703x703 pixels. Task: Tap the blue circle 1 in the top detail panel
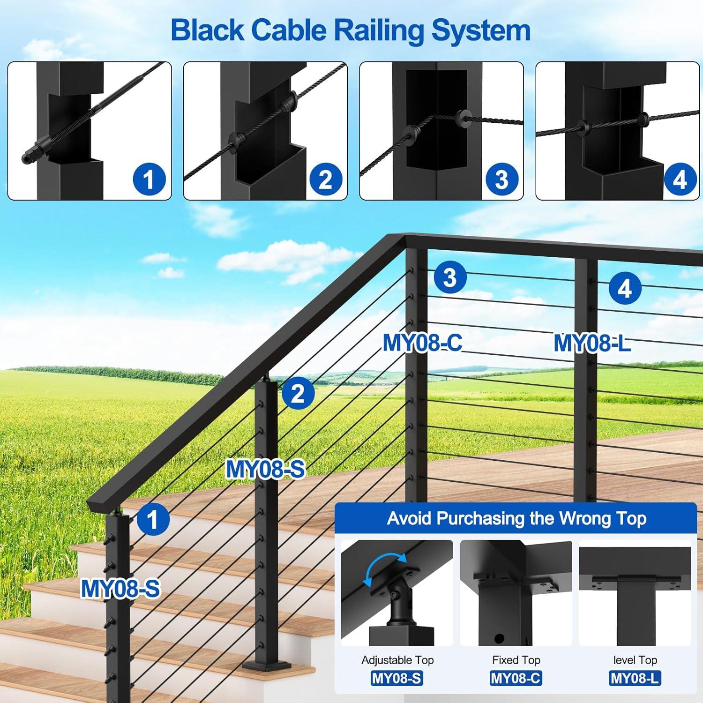tap(149, 179)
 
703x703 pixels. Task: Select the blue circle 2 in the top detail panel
tap(325, 179)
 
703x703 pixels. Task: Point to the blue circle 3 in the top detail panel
tap(501, 179)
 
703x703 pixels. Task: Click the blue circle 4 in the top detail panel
tap(679, 179)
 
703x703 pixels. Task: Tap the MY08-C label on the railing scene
tap(422, 343)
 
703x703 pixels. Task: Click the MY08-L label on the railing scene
tap(591, 343)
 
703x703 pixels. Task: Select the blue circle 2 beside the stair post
tap(298, 393)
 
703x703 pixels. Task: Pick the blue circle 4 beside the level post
tap(625, 288)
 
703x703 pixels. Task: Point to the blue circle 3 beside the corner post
tap(450, 277)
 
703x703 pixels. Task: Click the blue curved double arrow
tap(385, 569)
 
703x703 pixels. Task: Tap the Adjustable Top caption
tap(397, 660)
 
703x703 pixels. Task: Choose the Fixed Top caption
tap(516, 660)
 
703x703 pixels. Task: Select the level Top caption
tap(635, 660)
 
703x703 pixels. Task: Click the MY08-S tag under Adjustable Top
tap(396, 678)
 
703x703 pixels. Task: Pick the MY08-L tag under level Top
tap(635, 678)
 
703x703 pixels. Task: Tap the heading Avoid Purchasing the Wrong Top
tap(516, 518)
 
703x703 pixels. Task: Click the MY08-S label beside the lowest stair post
tap(120, 589)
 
